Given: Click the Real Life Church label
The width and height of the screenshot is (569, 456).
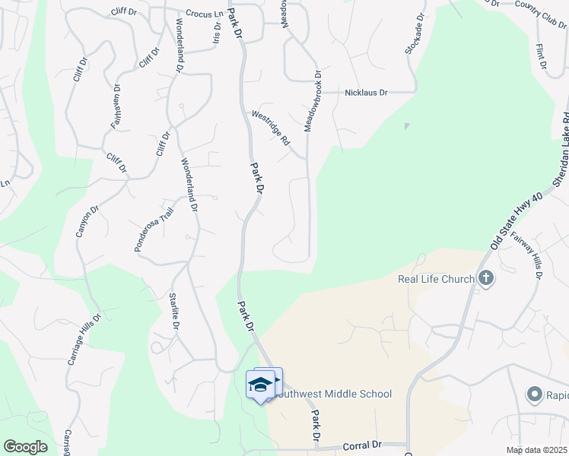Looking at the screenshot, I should point(436,279).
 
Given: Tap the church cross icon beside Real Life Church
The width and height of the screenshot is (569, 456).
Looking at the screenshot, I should point(486,279).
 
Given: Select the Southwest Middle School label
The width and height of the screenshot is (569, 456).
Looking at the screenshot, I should point(333,394).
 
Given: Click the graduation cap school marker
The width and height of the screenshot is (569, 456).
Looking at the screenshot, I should point(260,385).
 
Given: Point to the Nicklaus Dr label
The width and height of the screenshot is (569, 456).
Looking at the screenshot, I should point(366,92).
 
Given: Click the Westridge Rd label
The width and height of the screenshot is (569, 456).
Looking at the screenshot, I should point(272,128).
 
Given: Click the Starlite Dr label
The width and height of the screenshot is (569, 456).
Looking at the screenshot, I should point(173,311).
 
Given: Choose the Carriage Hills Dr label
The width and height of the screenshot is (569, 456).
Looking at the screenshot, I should point(84,350).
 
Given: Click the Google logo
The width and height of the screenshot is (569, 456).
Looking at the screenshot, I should point(25,447).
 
